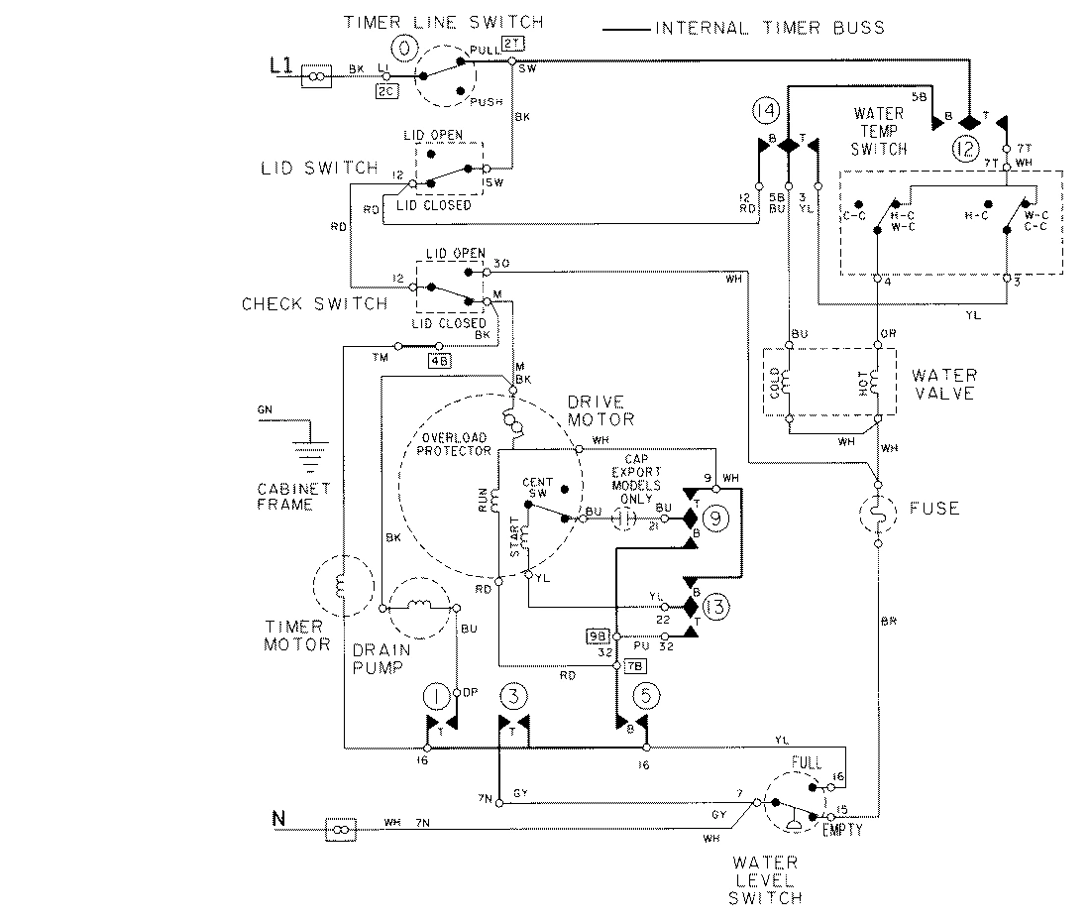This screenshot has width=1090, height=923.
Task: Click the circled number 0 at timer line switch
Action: (x=403, y=47)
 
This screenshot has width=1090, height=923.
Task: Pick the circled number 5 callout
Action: (x=645, y=695)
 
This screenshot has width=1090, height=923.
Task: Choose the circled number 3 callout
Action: (x=511, y=695)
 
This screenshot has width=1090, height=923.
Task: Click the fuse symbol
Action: (x=878, y=510)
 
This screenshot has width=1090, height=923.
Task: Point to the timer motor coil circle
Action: (x=339, y=587)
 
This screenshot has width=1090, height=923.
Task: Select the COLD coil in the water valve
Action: (x=789, y=381)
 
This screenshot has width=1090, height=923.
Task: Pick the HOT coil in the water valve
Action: (x=876, y=381)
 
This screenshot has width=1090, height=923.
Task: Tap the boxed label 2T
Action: (x=512, y=43)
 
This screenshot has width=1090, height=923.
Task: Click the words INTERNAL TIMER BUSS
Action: (x=769, y=28)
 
